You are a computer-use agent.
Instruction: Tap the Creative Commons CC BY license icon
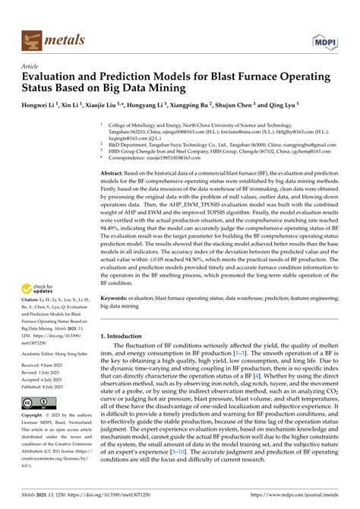[x=36, y=402]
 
